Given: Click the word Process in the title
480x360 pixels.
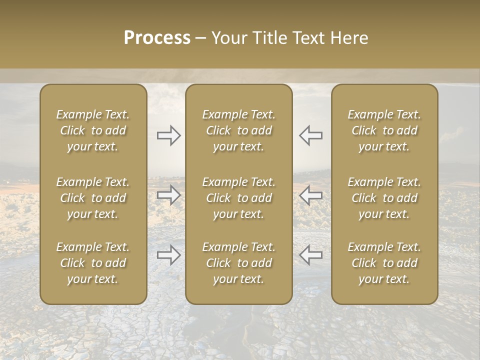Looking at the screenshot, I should click(x=157, y=38).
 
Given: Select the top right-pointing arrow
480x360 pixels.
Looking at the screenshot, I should click(x=169, y=135).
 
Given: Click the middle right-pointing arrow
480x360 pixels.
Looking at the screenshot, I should click(x=169, y=195).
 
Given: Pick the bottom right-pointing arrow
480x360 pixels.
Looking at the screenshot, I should click(x=169, y=255).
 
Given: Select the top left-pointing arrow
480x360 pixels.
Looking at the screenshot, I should click(x=310, y=135).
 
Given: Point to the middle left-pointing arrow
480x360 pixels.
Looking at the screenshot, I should click(x=310, y=195).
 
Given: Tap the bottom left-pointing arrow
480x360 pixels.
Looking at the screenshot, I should click(x=310, y=255).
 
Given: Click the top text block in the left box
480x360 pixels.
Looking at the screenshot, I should click(x=93, y=130).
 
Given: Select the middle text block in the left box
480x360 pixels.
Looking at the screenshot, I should click(x=93, y=198).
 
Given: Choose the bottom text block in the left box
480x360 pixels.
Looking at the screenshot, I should click(x=93, y=263).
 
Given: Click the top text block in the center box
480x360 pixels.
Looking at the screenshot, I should click(x=239, y=130).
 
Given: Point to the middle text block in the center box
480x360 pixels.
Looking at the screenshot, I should click(x=239, y=198).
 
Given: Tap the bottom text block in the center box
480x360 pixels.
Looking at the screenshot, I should click(x=239, y=263).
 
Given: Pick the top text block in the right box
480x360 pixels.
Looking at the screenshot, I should click(x=384, y=130).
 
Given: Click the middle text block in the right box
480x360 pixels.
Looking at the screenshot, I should click(x=384, y=198).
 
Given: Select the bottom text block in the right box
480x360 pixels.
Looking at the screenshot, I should click(x=384, y=263).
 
